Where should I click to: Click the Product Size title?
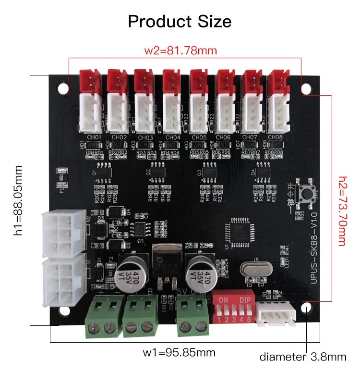pos(180,21)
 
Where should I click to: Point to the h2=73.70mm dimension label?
pos(342,210)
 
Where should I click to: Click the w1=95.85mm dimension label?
pos(179,353)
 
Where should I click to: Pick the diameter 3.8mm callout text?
pos(302,357)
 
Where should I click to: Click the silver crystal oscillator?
pos(252,270)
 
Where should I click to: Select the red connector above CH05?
pos(197,81)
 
